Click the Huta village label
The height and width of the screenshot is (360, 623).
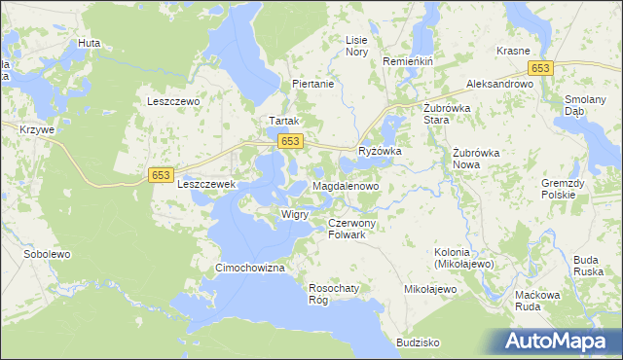coord(90,44)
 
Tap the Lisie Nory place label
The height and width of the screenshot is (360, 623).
coord(357,46)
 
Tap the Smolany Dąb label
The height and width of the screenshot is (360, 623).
coord(586,105)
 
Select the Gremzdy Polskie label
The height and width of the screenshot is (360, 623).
coord(565,189)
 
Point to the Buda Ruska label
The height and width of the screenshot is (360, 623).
coord(585,266)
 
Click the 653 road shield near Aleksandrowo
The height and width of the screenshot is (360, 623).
coord(541,67)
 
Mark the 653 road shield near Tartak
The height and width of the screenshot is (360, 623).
coord(289,142)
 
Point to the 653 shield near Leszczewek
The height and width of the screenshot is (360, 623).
coord(162,174)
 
